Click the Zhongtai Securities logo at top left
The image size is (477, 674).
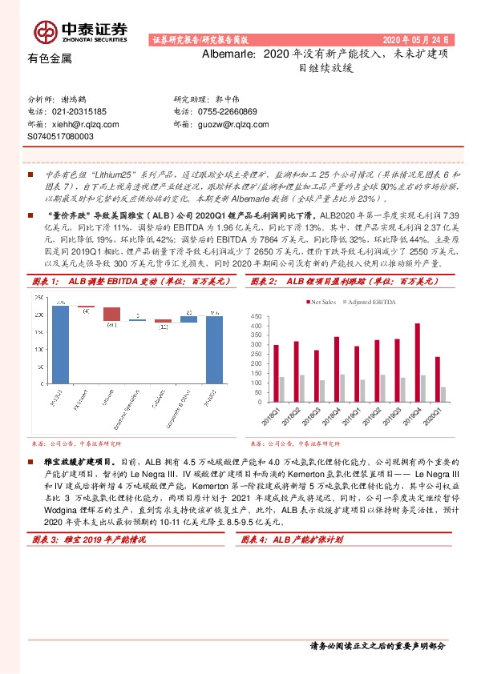[x=80, y=30]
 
